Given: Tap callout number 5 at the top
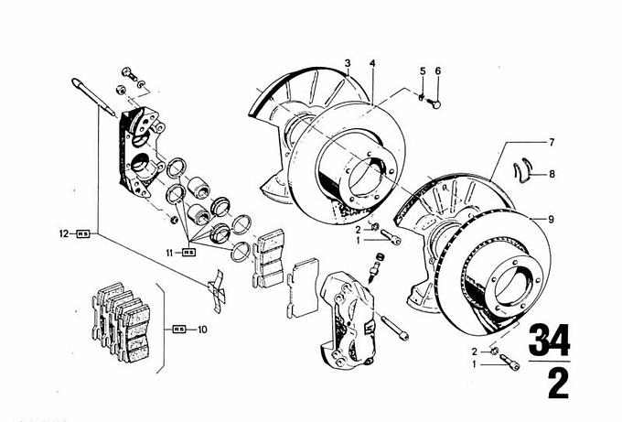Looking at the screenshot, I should [423, 71].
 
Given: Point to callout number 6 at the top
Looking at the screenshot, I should [438, 71].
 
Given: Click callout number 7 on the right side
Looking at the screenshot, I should [552, 142].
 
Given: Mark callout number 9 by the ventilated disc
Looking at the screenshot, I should [552, 218].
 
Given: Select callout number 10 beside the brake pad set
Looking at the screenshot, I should [203, 328].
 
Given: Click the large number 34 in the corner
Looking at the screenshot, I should [548, 341].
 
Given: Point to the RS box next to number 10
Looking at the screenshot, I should [179, 328].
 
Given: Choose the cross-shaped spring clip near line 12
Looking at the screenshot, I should [217, 287].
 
